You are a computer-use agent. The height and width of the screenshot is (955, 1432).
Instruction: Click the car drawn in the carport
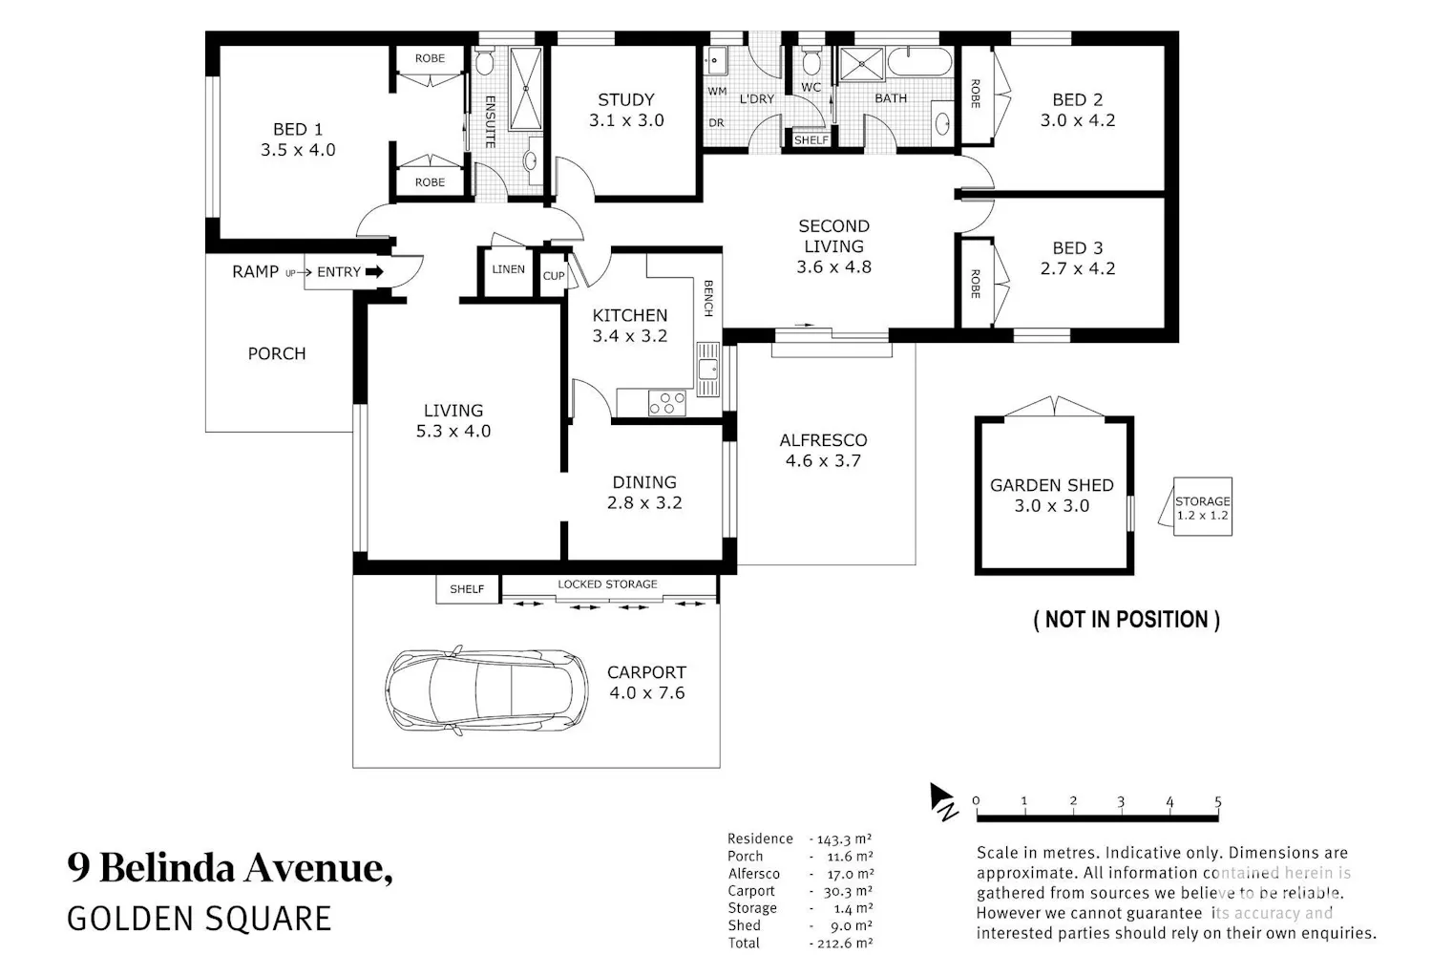[x=487, y=690]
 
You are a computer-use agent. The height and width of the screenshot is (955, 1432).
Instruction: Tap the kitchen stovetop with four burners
[x=666, y=402]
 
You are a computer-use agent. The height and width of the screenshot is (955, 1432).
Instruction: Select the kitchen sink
[x=708, y=370]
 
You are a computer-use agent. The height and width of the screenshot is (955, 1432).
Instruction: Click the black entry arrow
[x=374, y=272]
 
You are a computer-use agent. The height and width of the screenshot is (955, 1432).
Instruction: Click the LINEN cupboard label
[x=508, y=269]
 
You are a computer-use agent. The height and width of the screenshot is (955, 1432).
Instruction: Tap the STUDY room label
[x=626, y=99]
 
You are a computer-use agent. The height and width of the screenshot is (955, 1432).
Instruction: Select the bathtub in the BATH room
[x=919, y=63]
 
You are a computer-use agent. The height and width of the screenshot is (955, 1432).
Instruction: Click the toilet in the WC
[x=811, y=61]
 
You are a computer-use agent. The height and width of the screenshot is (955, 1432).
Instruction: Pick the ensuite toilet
[x=485, y=61]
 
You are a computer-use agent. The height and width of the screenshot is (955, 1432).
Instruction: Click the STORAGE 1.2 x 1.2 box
[x=1203, y=506]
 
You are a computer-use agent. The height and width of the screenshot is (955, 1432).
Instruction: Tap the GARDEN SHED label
[x=1052, y=485]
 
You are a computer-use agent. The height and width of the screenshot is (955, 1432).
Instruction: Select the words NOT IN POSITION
[x=1127, y=619]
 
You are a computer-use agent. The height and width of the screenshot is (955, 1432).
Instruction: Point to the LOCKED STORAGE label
[x=607, y=584]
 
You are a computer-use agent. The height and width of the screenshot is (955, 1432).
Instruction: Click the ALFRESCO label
[x=823, y=440]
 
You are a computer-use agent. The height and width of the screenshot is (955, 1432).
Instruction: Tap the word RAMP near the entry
[x=255, y=272]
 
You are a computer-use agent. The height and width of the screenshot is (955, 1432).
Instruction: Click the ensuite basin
[x=532, y=160]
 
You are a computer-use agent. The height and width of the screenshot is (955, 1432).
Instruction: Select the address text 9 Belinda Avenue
[x=230, y=868]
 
